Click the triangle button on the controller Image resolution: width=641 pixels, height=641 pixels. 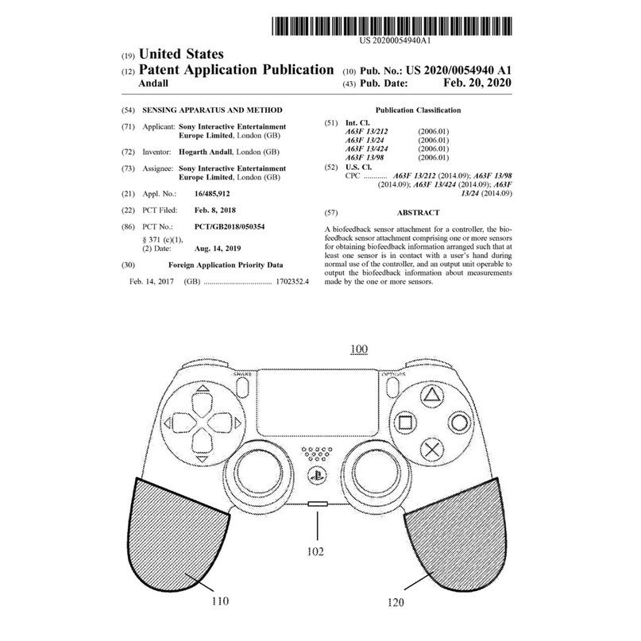(x=431, y=396)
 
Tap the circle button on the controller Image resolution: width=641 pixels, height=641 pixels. (x=459, y=423)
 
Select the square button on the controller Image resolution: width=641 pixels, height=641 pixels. (x=405, y=423)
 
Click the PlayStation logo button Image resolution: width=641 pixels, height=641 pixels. (x=315, y=475)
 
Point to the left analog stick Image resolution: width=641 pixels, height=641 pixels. (x=259, y=471)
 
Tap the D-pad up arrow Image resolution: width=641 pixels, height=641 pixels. (x=203, y=388)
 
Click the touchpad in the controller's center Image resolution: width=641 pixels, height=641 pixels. (x=318, y=402)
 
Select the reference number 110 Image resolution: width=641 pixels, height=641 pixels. (x=220, y=601)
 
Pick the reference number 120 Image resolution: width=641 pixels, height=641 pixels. (x=395, y=602)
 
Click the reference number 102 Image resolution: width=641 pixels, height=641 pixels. (x=315, y=551)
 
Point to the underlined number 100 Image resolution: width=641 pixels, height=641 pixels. (x=359, y=349)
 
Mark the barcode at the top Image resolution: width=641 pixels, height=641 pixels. (x=392, y=26)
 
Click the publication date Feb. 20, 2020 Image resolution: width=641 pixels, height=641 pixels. (x=477, y=83)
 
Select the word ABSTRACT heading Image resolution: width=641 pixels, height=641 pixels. (x=419, y=213)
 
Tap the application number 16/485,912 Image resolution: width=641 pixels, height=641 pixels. (x=212, y=194)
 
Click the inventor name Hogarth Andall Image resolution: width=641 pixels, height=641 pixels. (x=205, y=152)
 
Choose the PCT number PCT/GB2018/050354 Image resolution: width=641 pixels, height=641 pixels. (x=230, y=226)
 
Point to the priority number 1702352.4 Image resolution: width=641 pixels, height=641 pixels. (x=292, y=281)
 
